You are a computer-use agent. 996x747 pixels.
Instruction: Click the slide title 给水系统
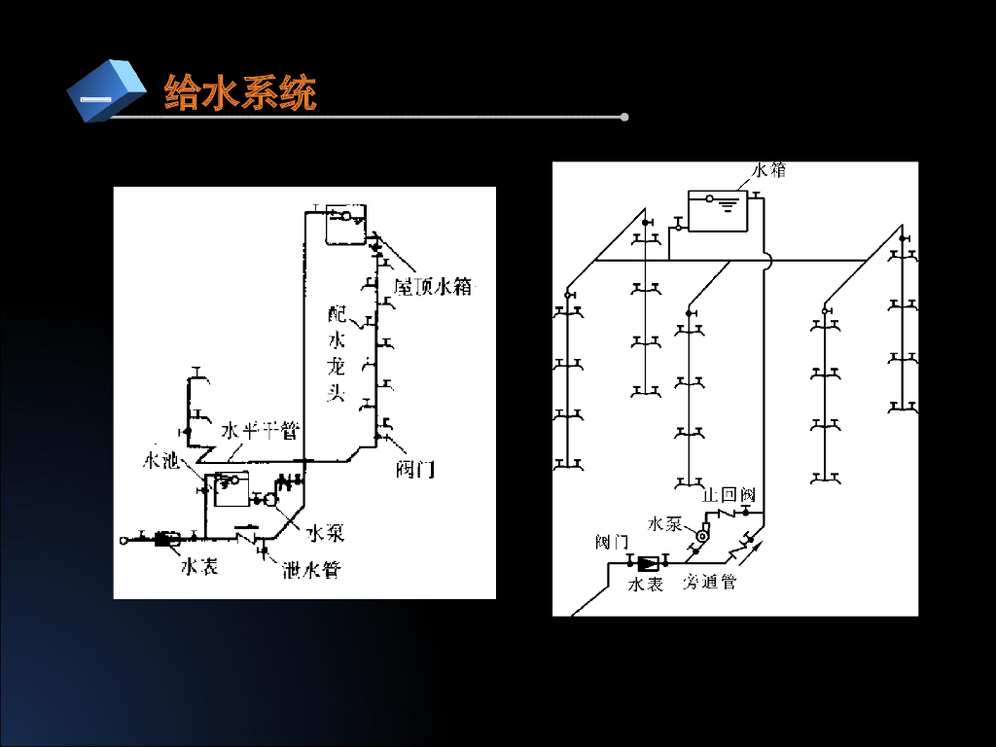pyautogui.click(x=239, y=93)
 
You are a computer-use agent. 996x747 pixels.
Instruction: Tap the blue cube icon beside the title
pyautogui.click(x=105, y=90)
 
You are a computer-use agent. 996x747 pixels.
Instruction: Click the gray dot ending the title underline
pyautogui.click(x=624, y=118)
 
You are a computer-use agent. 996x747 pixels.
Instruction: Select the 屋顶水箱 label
pyautogui.click(x=433, y=287)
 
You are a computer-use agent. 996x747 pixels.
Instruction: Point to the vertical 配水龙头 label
pyautogui.click(x=337, y=353)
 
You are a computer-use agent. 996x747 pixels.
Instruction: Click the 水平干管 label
pyautogui.click(x=259, y=431)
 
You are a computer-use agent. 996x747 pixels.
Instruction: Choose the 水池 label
pyautogui.click(x=160, y=460)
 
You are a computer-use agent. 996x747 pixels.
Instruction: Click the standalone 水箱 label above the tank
pyautogui.click(x=767, y=170)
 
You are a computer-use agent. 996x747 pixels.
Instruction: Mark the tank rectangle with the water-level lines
pyautogui.click(x=719, y=210)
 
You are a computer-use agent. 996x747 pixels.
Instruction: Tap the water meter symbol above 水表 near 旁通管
pyautogui.click(x=648, y=563)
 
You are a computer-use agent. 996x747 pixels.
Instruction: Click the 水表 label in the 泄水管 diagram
pyautogui.click(x=199, y=565)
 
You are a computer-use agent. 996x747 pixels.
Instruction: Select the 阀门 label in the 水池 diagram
pyautogui.click(x=415, y=470)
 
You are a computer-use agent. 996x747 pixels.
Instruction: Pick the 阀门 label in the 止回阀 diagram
pyautogui.click(x=612, y=541)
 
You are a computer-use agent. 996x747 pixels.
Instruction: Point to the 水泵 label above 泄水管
pyautogui.click(x=325, y=533)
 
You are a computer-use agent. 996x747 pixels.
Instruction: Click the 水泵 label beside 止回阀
pyautogui.click(x=665, y=524)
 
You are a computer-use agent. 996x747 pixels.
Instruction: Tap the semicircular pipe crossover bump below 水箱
pyautogui.click(x=767, y=261)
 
